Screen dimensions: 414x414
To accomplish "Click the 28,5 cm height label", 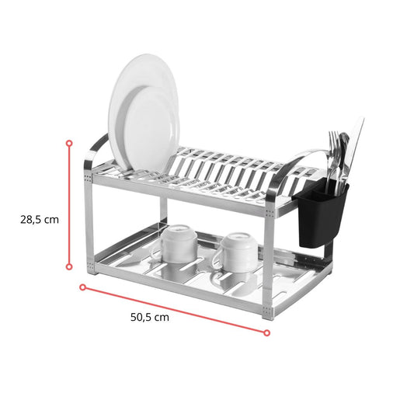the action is click(x=40, y=220).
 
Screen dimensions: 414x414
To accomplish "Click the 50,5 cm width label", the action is click(x=150, y=317).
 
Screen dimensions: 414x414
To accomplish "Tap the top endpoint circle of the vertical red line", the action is click(x=69, y=144).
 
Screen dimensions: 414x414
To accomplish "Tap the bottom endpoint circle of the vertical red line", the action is click(x=69, y=267).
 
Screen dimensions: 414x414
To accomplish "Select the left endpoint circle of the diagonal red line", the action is click(x=83, y=287).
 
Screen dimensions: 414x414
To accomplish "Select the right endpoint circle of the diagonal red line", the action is click(x=266, y=332).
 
